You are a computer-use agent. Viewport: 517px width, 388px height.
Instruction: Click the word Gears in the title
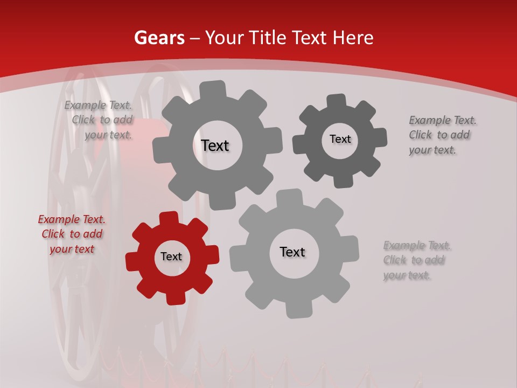click(x=159, y=38)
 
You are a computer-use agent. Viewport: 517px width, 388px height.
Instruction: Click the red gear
click(x=145, y=275)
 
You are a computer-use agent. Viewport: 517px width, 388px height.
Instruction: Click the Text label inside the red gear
click(x=171, y=257)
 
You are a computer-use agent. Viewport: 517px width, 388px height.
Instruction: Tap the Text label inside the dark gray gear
click(x=340, y=139)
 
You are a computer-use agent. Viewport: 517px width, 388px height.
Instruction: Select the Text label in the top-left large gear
click(x=215, y=145)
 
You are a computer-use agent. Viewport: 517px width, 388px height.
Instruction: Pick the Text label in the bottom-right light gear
click(x=292, y=252)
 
